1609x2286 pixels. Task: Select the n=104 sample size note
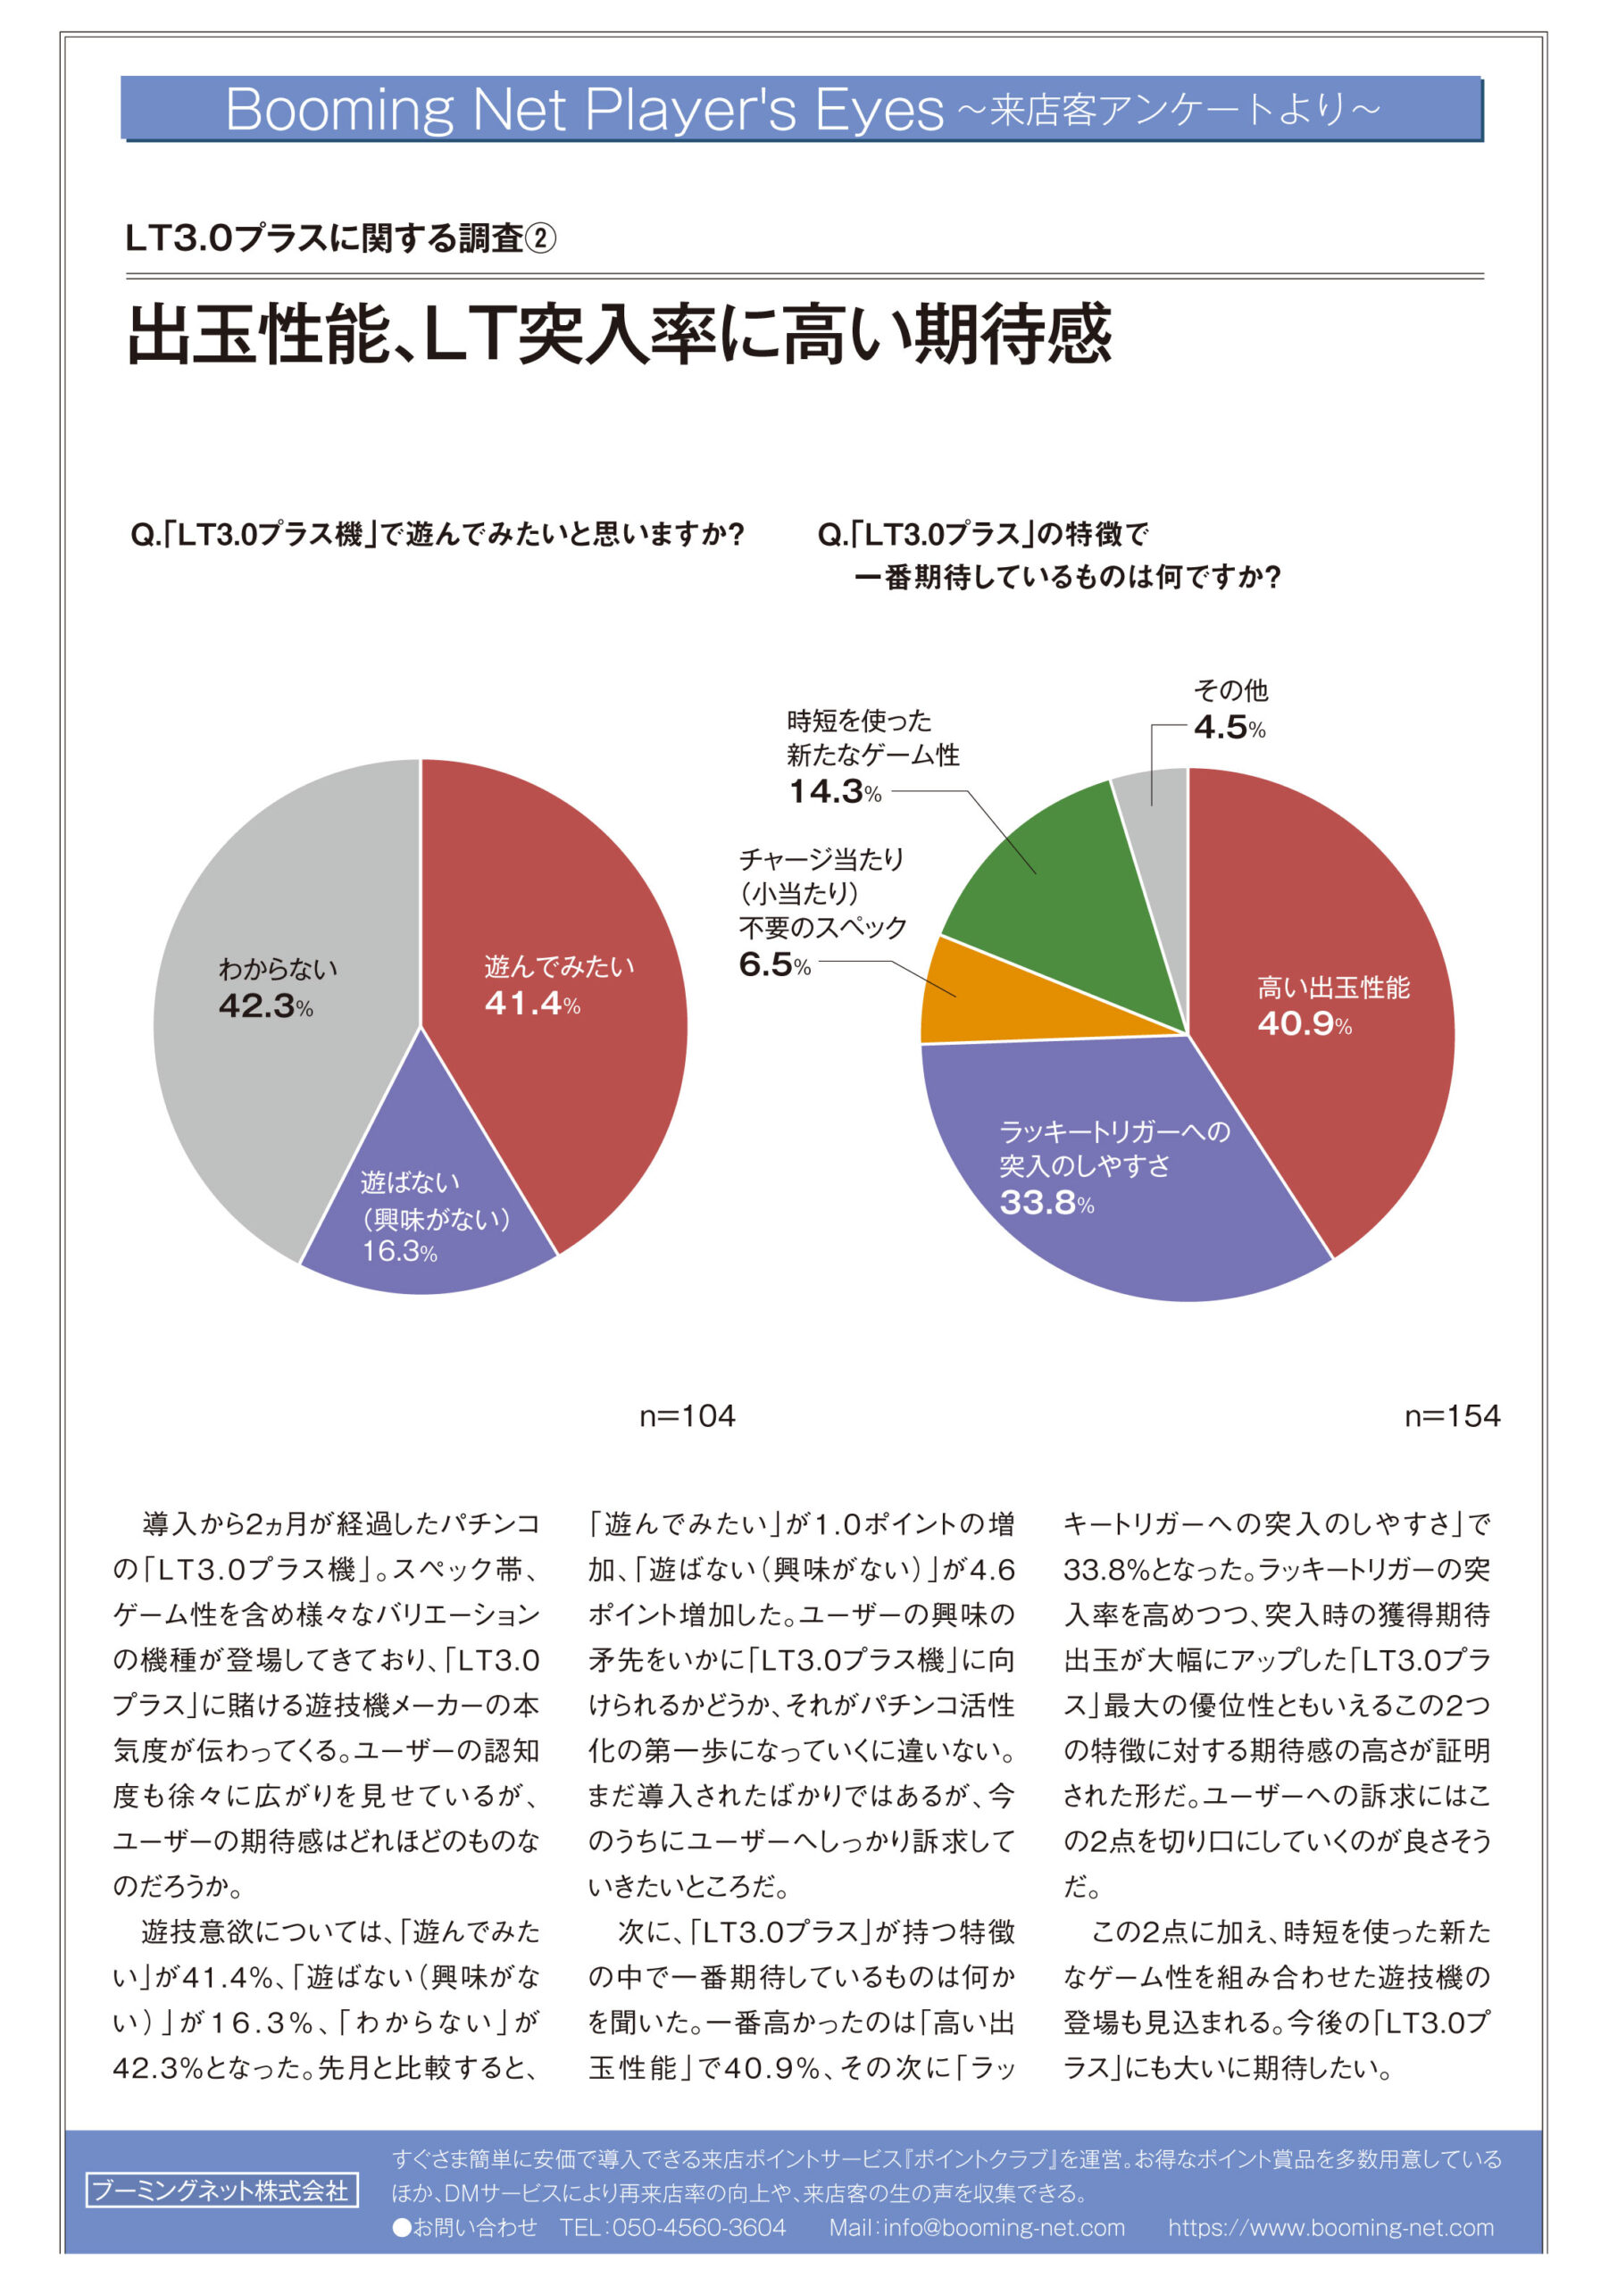(687, 1416)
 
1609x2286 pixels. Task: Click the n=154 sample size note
(1452, 1416)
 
